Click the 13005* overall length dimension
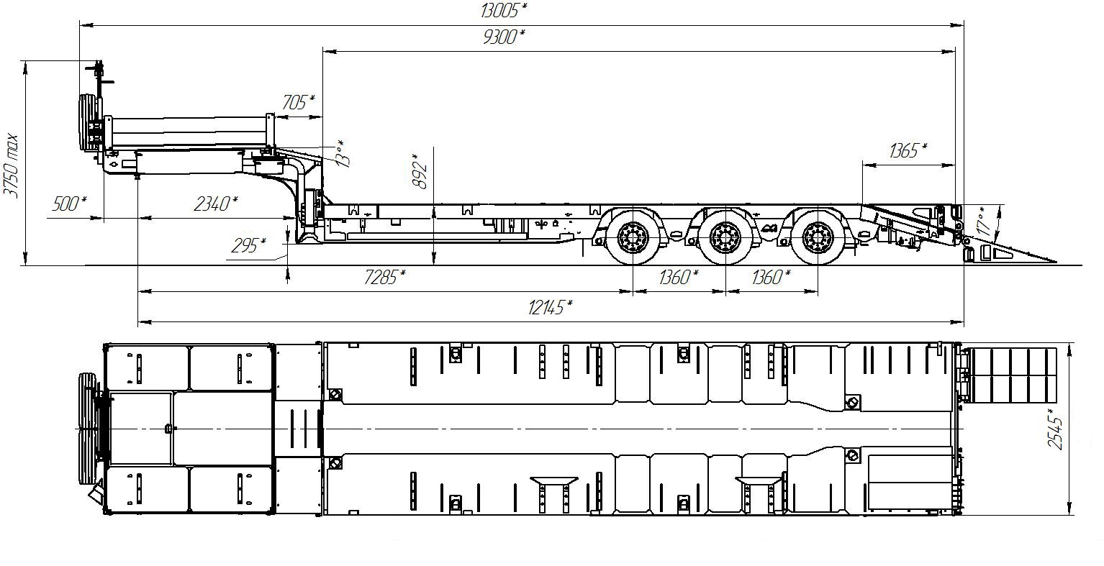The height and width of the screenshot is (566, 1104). pos(504,11)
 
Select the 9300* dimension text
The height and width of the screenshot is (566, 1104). pos(504,37)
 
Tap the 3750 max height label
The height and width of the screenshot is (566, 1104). pos(11,165)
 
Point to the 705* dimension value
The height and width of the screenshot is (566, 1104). pos(298,102)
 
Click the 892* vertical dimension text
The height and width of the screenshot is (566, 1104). pos(420,171)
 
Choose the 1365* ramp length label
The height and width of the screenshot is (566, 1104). pos(908,150)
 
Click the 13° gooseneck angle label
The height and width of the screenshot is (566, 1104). pos(342,154)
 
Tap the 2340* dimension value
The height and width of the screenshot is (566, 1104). pos(216,203)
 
